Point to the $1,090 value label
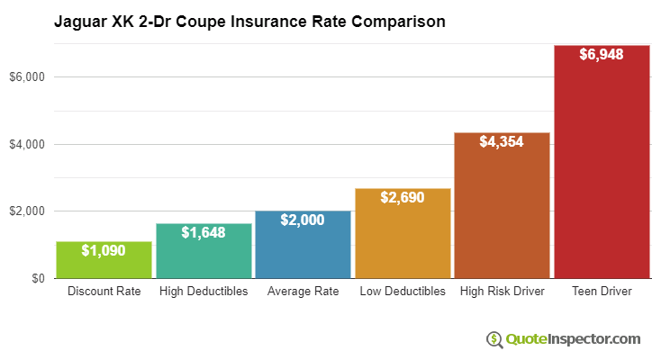[104, 250]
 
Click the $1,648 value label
[204, 232]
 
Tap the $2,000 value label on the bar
[303, 220]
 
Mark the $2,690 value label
[403, 197]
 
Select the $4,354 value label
[502, 141]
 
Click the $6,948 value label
[602, 54]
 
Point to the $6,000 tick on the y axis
[27, 77]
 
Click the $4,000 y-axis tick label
[27, 144]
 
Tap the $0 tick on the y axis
[37, 278]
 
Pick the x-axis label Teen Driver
[602, 292]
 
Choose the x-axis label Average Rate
[303, 292]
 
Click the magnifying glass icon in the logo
[494, 338]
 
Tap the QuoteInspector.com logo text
[572, 338]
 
